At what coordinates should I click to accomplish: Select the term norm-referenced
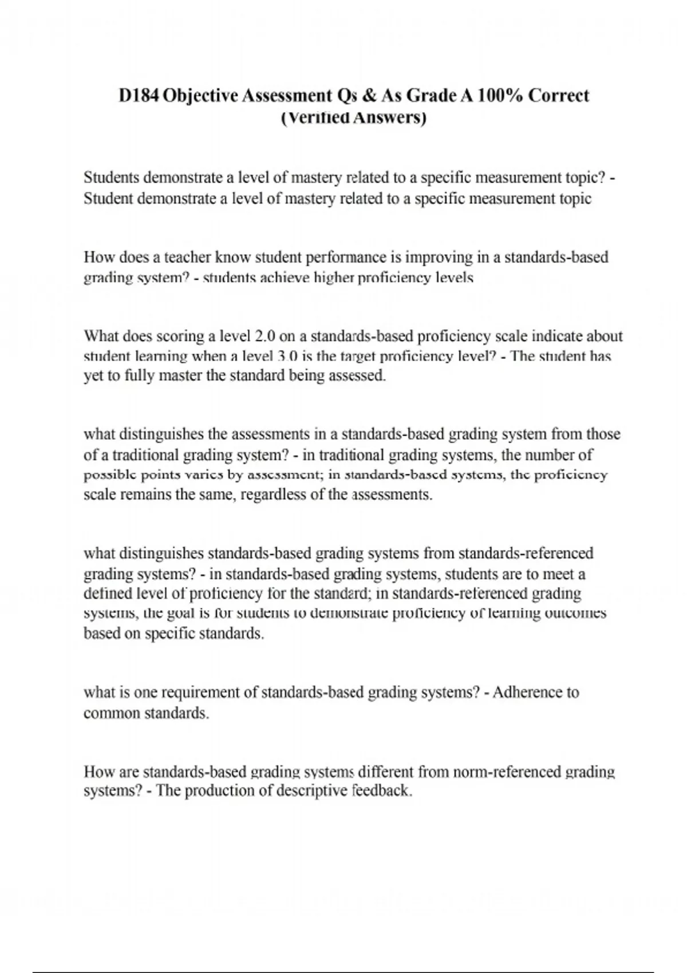(x=507, y=772)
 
